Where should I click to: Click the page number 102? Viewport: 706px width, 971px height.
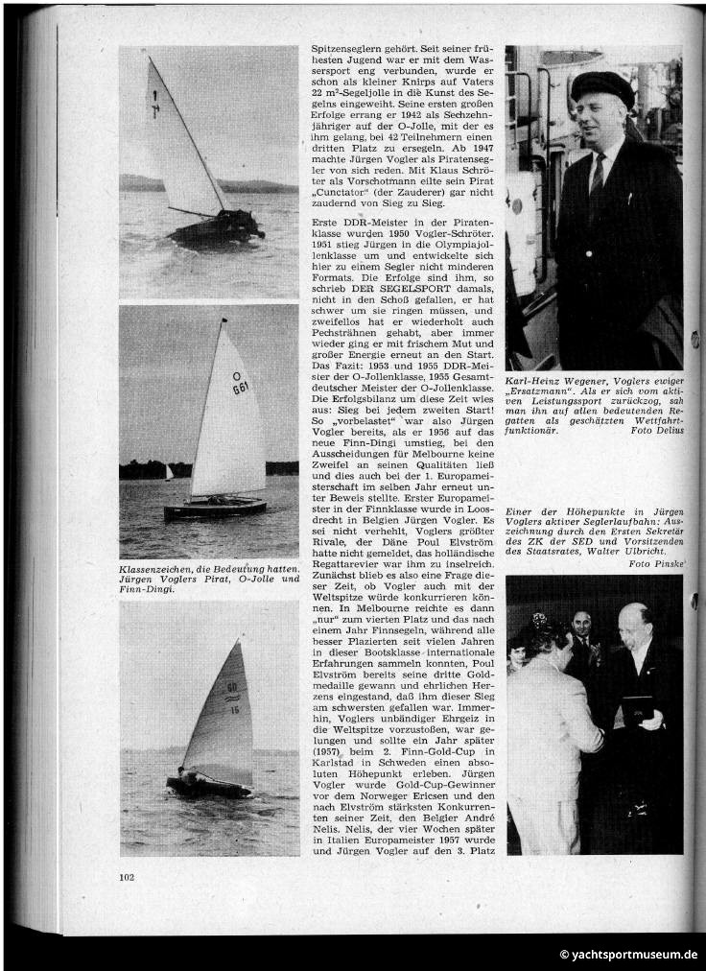coord(127,876)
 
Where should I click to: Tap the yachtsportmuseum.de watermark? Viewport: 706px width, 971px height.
coord(629,954)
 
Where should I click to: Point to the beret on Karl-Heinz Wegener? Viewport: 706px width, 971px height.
coord(602,89)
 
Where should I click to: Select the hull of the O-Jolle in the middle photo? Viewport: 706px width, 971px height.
coord(214,508)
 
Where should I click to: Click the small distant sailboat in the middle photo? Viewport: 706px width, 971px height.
coord(170,471)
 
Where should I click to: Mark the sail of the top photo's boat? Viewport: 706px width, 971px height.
coord(182,144)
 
